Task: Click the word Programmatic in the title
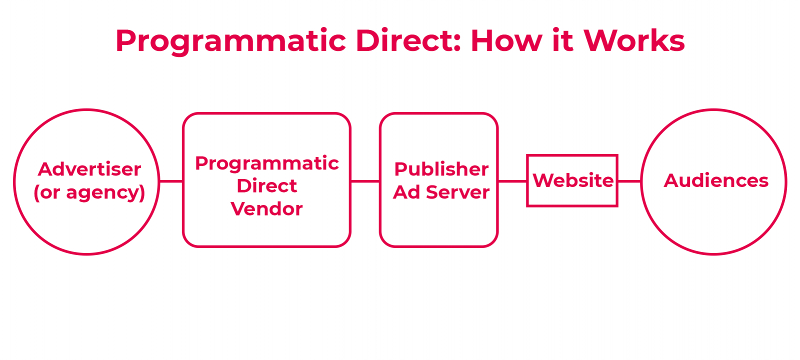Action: pos(230,41)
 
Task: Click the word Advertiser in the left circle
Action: pos(89,169)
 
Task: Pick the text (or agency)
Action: pos(89,192)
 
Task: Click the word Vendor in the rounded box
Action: pos(266,209)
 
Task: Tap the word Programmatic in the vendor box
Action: pos(266,163)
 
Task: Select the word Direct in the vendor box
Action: pos(266,186)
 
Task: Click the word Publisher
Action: pos(441,169)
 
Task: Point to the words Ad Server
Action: pos(441,192)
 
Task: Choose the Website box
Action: pos(572,180)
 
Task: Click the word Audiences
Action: pos(715,180)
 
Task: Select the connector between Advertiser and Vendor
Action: pos(171,181)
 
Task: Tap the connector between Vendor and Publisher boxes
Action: pos(365,181)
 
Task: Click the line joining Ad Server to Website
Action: pos(512,181)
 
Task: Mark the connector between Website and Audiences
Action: pos(629,181)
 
